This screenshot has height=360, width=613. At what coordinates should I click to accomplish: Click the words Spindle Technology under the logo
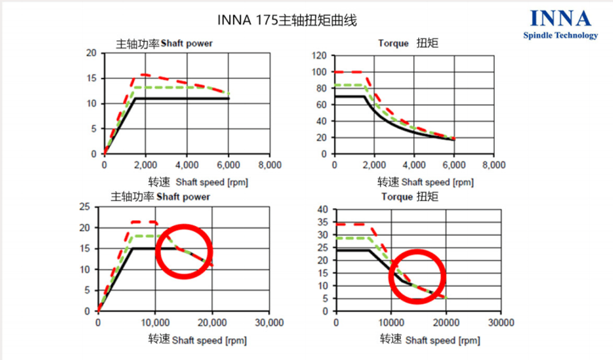(560, 36)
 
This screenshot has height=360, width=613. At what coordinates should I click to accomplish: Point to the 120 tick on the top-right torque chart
(319, 56)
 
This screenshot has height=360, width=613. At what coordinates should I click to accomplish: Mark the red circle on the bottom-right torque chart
(416, 276)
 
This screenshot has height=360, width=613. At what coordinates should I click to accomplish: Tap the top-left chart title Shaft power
(164, 44)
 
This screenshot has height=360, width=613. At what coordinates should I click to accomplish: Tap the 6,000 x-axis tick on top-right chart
(454, 165)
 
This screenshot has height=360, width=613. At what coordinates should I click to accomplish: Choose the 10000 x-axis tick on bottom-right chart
(390, 322)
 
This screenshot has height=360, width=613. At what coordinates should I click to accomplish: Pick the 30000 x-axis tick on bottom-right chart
(500, 322)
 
